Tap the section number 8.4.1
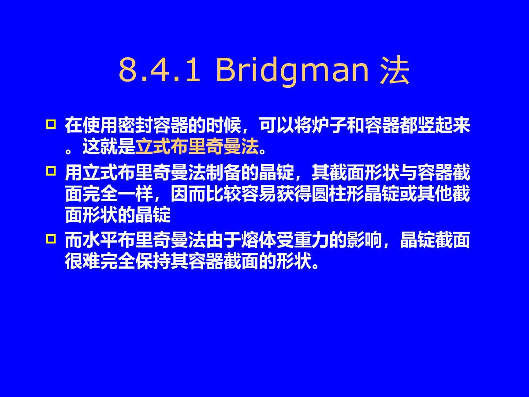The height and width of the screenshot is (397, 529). click(159, 70)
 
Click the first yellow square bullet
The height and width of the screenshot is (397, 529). click(51, 124)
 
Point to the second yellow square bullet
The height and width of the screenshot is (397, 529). click(51, 171)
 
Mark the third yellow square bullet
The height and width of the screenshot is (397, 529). click(51, 239)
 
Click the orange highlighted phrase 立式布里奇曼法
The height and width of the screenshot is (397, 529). click(197, 146)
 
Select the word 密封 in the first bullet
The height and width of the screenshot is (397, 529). click(135, 125)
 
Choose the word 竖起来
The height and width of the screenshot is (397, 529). click(444, 125)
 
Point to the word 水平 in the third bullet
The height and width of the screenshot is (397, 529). click(100, 240)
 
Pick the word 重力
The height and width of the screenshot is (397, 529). click(312, 240)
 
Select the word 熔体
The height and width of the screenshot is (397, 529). click(259, 240)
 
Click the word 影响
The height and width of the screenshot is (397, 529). click(365, 240)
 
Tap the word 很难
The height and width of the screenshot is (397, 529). click(83, 261)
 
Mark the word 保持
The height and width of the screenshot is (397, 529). click(153, 261)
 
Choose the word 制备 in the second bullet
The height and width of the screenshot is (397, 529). click(224, 172)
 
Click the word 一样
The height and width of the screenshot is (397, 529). click(135, 193)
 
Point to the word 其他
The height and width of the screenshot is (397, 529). click(435, 193)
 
